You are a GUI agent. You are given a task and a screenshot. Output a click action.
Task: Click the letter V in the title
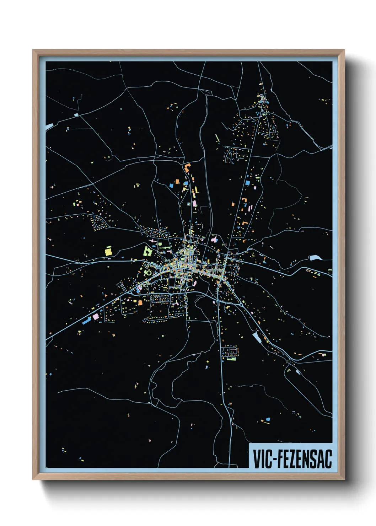point(257,458)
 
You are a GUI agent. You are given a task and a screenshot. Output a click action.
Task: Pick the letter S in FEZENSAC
point(313,458)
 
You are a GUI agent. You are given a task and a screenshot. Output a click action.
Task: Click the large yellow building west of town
point(108,251)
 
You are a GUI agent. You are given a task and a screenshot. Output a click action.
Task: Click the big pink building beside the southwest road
point(95,316)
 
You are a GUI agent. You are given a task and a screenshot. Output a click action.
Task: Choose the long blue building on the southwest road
point(86,321)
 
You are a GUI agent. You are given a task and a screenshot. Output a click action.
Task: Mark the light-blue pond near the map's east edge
point(315,258)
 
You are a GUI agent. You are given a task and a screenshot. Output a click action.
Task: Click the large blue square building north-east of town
point(248,183)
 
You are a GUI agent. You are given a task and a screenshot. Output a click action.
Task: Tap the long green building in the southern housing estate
point(231,359)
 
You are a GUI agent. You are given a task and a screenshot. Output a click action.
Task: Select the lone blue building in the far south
point(268,420)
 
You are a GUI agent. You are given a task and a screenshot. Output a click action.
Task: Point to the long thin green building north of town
point(217,138)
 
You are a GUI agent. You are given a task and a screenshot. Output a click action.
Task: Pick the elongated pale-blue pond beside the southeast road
point(256,337)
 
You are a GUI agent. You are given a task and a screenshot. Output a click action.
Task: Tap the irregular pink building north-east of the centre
point(214,239)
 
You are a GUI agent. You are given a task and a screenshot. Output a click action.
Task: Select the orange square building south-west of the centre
point(140,303)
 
